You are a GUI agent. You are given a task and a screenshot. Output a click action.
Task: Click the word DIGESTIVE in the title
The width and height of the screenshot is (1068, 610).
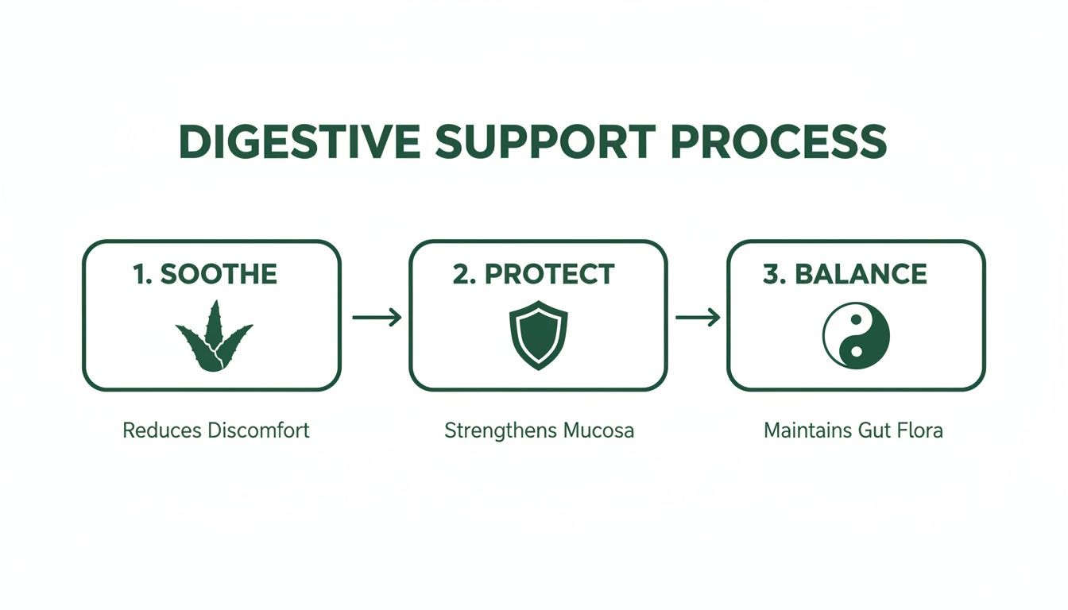(298, 143)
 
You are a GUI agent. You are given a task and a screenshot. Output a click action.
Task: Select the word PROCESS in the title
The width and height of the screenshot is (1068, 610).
(772, 143)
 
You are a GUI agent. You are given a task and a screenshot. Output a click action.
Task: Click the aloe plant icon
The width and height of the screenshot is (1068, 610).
(213, 336)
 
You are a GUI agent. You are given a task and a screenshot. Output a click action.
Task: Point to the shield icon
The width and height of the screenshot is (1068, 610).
(538, 334)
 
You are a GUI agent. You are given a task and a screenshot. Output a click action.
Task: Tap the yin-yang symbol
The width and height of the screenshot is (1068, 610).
(856, 337)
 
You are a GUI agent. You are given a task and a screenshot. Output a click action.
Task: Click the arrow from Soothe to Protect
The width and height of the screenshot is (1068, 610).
(376, 318)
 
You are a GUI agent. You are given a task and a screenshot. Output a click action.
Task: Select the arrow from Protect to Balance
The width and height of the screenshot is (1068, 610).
(697, 318)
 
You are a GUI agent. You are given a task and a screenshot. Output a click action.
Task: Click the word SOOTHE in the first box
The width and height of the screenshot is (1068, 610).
(219, 275)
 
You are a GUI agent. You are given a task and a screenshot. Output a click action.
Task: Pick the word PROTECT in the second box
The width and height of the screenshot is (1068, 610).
(549, 275)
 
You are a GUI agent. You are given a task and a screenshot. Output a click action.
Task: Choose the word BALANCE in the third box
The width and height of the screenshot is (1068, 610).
(861, 275)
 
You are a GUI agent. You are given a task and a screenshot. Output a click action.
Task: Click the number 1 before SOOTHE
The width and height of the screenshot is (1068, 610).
(141, 275)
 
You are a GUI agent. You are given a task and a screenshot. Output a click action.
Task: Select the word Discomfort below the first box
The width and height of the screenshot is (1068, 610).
(257, 431)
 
